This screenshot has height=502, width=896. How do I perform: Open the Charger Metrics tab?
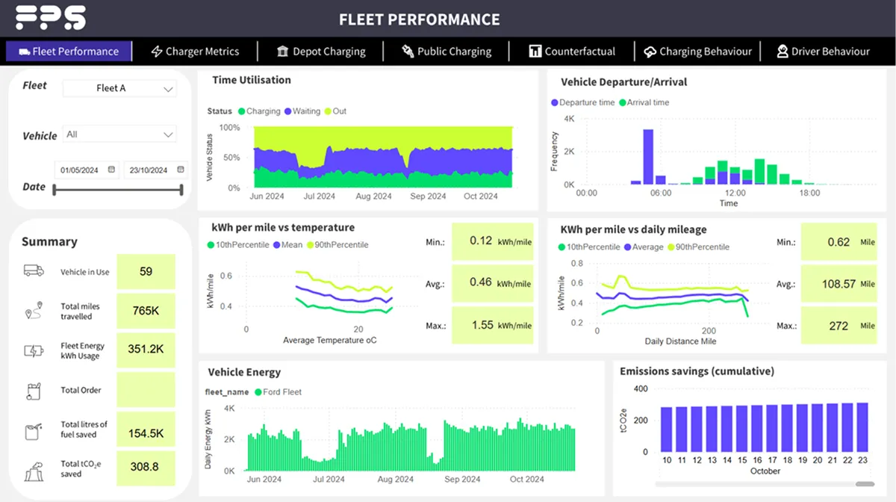(x=195, y=52)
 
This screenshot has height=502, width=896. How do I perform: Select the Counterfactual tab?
(x=572, y=52)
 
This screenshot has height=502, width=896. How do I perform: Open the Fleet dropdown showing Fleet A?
(x=119, y=88)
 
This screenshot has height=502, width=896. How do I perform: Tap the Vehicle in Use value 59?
(x=146, y=271)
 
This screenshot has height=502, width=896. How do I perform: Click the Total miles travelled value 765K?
(x=146, y=311)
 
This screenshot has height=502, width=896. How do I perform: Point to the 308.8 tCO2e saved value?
(x=146, y=467)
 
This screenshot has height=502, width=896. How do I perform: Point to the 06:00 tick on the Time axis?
(x=661, y=193)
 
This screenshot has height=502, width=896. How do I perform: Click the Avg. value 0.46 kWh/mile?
(x=493, y=283)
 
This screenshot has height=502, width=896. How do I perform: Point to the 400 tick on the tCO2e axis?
(x=641, y=388)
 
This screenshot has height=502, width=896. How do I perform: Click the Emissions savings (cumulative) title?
(x=697, y=371)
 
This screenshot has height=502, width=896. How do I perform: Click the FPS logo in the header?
(x=50, y=18)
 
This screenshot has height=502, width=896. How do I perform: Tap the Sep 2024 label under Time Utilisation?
(x=428, y=196)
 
